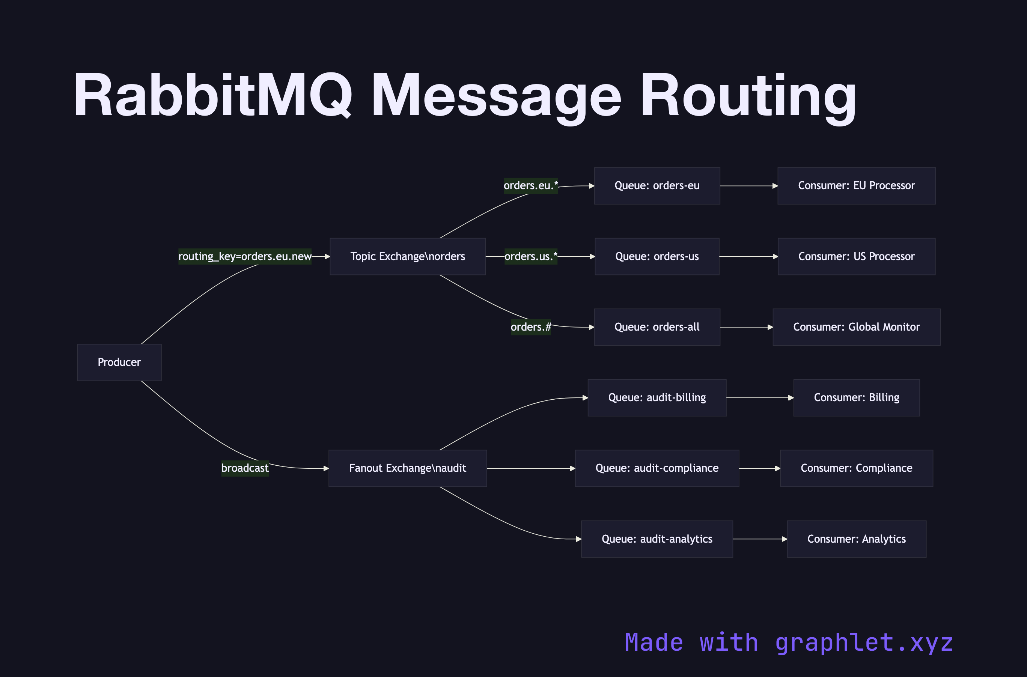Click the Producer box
[x=119, y=362]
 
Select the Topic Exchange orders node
[x=407, y=256]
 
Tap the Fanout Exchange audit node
[x=407, y=468]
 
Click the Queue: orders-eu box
[x=657, y=186]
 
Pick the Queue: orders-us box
[x=657, y=256]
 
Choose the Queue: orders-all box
[x=657, y=327]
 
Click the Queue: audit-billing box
[x=657, y=398]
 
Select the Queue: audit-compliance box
[x=657, y=468]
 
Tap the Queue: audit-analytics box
[x=657, y=539]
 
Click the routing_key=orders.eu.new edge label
[x=244, y=256]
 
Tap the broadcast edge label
[x=244, y=468]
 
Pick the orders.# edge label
[x=530, y=327]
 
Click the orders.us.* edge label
[x=530, y=256]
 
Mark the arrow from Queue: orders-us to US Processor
[x=748, y=256]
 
